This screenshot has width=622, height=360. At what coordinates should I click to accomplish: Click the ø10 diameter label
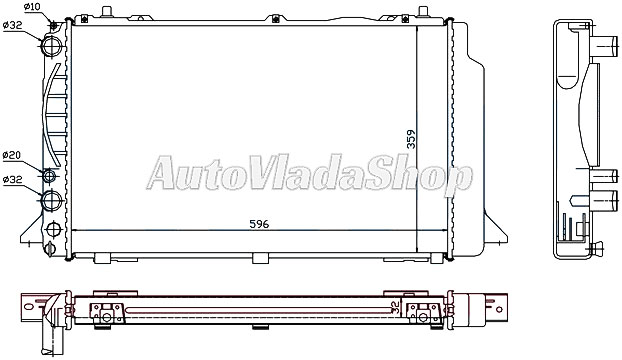[x=31, y=8]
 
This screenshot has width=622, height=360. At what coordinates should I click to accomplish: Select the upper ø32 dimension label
[x=14, y=25]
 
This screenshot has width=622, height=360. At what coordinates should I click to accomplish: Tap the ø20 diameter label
[x=12, y=155]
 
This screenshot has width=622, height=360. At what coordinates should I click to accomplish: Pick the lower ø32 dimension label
[x=13, y=180]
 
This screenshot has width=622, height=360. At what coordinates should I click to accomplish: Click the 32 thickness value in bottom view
[x=396, y=310]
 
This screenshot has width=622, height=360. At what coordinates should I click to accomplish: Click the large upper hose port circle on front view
[x=53, y=46]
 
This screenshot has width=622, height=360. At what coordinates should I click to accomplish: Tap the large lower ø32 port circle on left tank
[x=53, y=204]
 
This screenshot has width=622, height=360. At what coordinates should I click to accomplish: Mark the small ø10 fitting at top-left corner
[x=51, y=22]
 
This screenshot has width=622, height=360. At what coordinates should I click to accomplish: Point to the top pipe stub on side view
[x=606, y=48]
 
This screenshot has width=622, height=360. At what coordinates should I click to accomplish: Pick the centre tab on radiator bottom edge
[x=260, y=259]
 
